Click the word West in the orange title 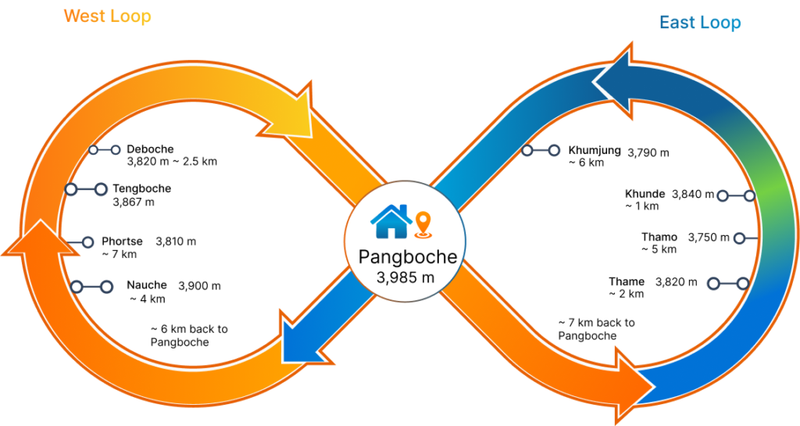tap(83, 16)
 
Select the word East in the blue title tap(677, 23)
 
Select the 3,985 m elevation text tap(405, 277)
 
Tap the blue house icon tap(391, 221)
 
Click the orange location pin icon tap(423, 224)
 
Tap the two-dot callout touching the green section tap(736, 195)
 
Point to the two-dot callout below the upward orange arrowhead tap(91, 287)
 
